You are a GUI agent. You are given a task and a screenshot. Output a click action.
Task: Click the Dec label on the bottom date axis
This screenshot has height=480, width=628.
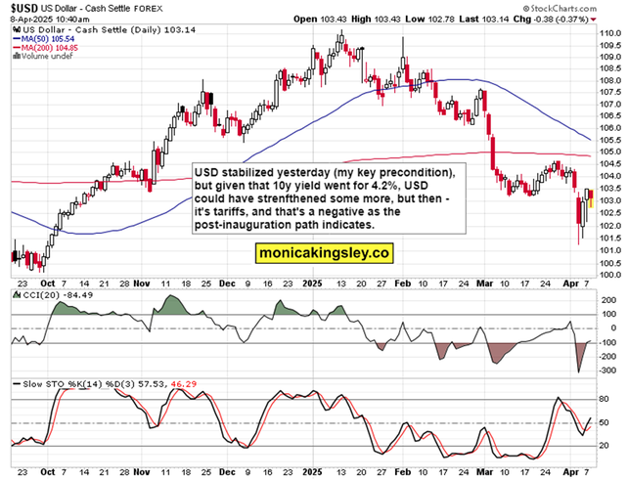tap(227, 470)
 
